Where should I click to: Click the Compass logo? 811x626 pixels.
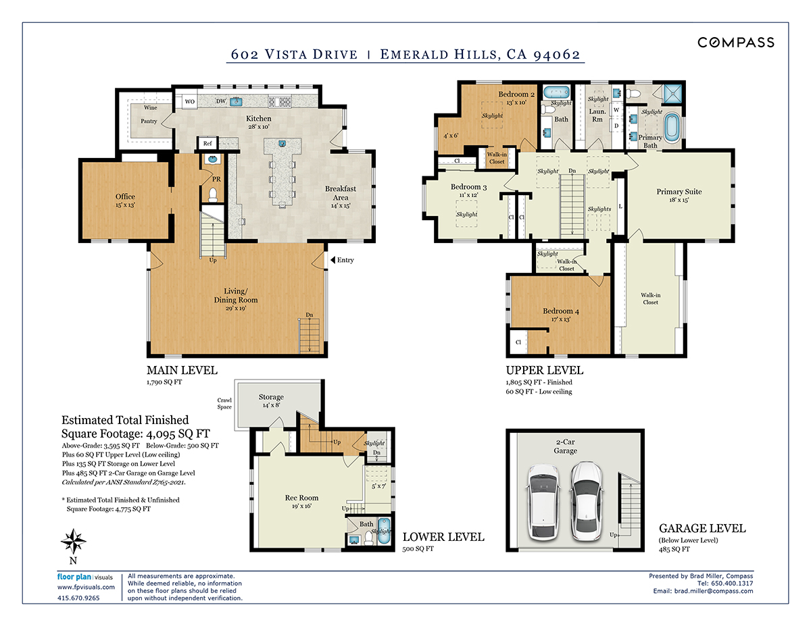coord(735,43)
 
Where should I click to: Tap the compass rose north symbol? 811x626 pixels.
coord(74,541)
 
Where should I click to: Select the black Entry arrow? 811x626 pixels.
coord(333,260)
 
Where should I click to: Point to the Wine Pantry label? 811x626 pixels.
coord(149,114)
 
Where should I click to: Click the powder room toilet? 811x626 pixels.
coord(213,195)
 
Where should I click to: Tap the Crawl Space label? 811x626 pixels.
coord(224,403)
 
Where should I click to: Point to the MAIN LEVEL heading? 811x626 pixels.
coord(182,370)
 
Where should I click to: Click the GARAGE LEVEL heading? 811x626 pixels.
coord(702,528)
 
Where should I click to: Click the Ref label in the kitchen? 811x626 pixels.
coord(207,143)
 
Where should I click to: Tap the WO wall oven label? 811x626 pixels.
coord(190,101)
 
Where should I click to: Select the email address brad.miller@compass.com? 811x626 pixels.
coord(714,591)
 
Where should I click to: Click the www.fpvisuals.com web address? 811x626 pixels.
coord(86,588)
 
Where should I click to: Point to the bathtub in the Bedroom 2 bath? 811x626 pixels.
coord(556,92)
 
